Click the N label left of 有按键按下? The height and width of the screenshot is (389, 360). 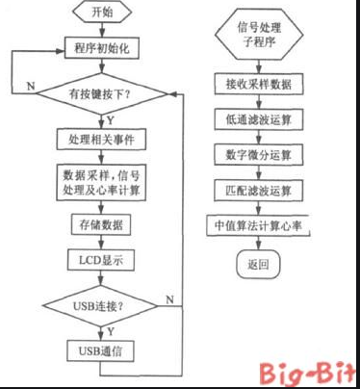click(x=30, y=87)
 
